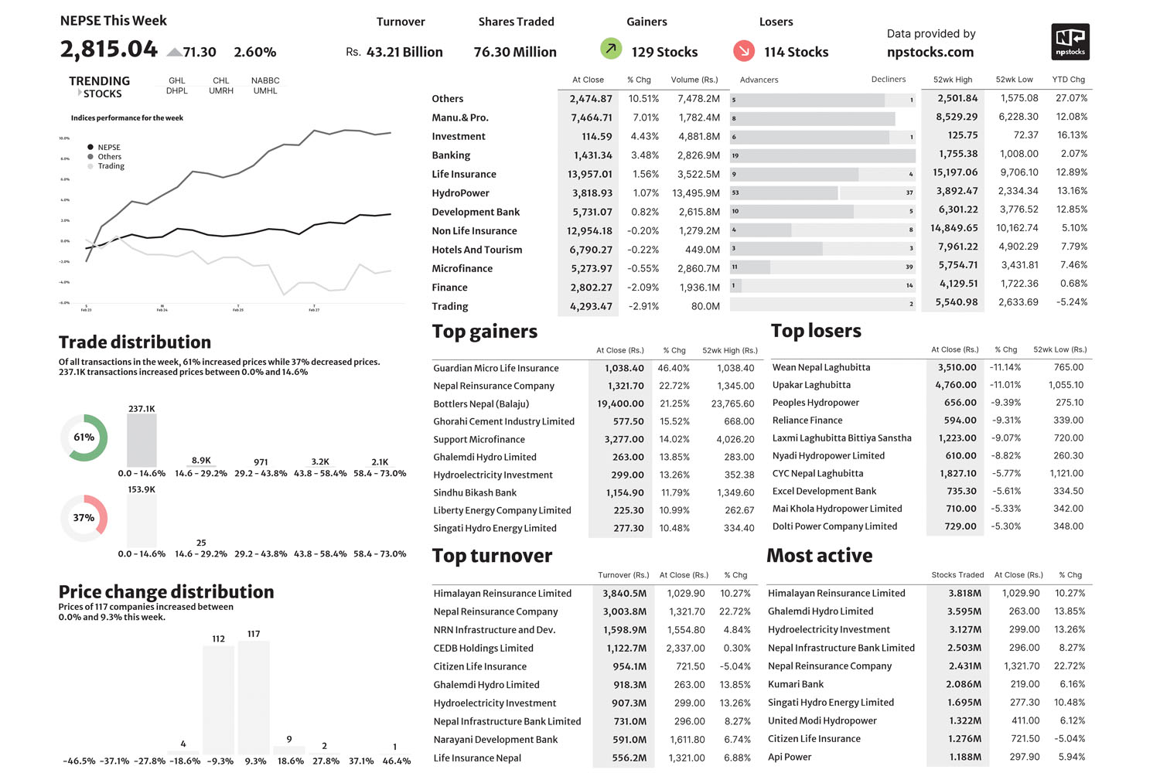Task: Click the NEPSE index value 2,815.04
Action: point(109,49)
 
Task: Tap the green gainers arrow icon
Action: point(611,49)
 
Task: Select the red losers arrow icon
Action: point(743,51)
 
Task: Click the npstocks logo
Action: point(1070,42)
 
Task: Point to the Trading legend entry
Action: point(111,166)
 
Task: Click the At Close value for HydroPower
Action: point(592,193)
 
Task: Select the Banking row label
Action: point(451,155)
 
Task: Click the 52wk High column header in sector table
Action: point(952,80)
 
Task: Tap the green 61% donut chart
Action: point(84,438)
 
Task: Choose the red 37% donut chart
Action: point(84,518)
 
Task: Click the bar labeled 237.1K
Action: point(142,440)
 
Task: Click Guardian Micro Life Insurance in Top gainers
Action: point(496,369)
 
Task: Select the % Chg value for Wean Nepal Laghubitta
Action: point(1005,368)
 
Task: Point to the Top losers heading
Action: point(816,331)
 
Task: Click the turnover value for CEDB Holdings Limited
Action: point(626,649)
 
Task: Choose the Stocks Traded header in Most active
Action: point(957,575)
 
